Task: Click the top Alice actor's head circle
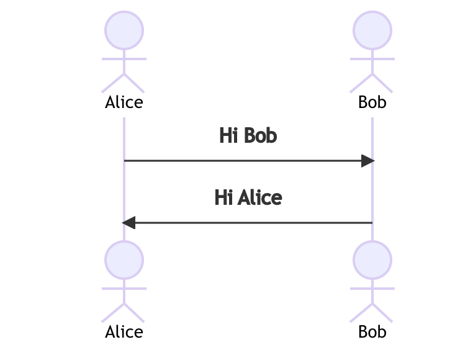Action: pos(124,29)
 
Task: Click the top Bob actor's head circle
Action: pos(372,29)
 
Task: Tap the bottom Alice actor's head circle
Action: pos(124,259)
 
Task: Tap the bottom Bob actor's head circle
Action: pos(372,259)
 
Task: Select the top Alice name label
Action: pos(124,102)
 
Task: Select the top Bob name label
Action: pos(372,102)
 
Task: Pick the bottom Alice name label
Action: pos(124,331)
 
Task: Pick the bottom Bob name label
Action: pos(372,331)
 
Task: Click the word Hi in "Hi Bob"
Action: pos(228,135)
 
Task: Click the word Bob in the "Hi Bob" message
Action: pos(260,135)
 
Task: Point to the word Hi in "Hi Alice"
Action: pos(223,197)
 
